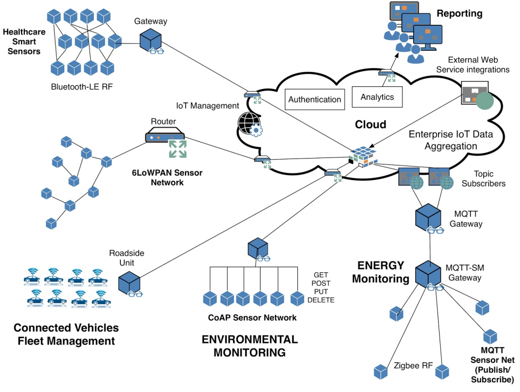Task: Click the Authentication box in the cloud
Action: pos(314,99)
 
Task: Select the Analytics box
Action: pos(377,97)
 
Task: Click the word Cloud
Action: pos(370,125)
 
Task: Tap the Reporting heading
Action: pos(460,13)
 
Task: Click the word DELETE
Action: pos(321,300)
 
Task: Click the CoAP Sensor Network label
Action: pos(252,318)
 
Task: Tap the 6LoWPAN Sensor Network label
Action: pos(158,177)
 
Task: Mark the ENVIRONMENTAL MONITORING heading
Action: pos(249,346)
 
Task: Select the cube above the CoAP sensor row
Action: pos(258,249)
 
